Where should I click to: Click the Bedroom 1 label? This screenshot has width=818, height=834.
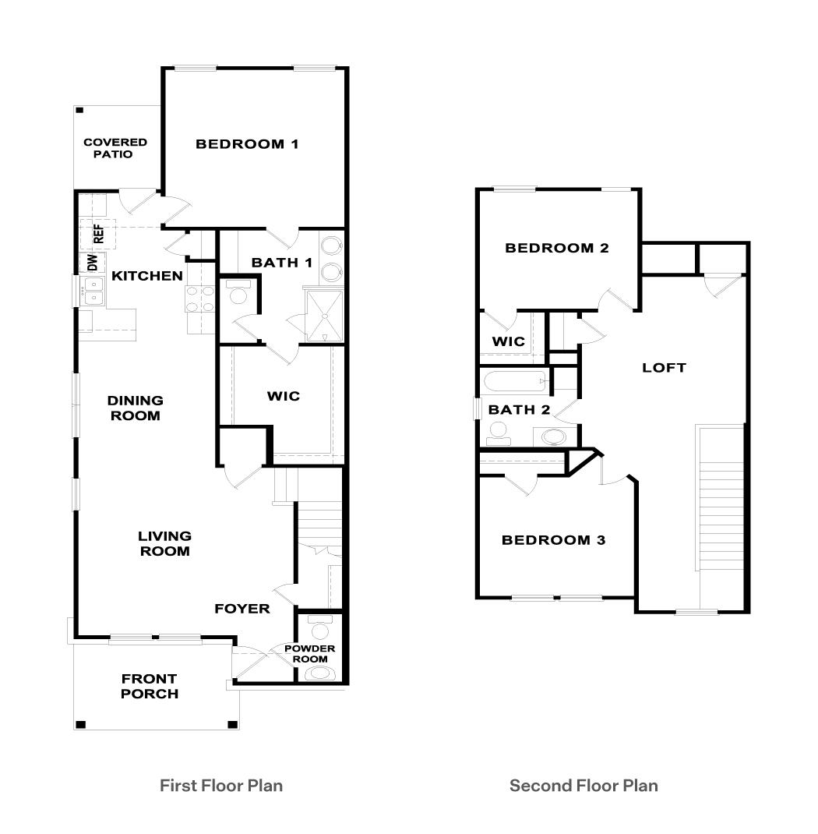click(247, 144)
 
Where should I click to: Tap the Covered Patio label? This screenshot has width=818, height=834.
click(115, 148)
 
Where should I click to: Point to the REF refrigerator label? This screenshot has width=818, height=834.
click(99, 233)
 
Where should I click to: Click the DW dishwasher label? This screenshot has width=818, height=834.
click(92, 263)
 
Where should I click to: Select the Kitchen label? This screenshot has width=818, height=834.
click(147, 276)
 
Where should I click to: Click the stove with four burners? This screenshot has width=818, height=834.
click(199, 299)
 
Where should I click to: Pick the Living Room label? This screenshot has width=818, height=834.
click(164, 543)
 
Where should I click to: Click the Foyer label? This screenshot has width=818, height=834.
click(242, 609)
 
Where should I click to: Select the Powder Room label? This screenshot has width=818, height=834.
click(309, 654)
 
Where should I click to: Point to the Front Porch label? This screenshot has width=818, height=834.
click(149, 686)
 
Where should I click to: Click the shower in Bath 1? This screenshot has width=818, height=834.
click(322, 315)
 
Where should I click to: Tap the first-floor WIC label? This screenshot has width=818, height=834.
click(283, 396)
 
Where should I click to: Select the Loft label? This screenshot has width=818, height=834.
click(664, 367)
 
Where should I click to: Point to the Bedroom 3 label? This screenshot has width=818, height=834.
click(553, 540)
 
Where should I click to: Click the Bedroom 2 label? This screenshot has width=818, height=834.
click(557, 249)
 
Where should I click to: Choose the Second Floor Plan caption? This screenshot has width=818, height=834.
click(584, 786)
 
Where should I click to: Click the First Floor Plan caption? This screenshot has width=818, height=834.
click(221, 786)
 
